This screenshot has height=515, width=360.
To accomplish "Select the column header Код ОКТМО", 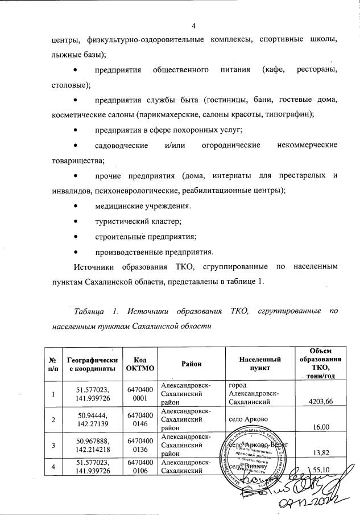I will click(x=139, y=364).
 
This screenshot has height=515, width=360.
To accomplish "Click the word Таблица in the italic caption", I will click(x=90, y=311).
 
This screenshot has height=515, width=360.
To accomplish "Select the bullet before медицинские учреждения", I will click(x=76, y=205).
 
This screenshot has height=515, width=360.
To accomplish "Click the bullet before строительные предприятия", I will click(x=76, y=236).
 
